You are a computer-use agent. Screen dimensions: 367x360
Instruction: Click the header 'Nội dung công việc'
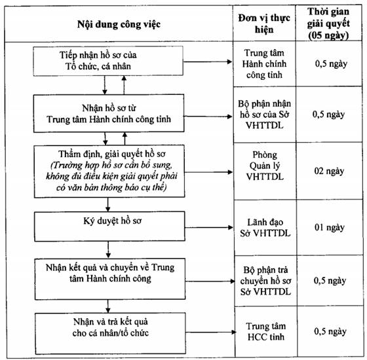coord(119,24)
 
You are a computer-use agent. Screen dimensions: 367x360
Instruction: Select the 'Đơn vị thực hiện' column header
coord(264,24)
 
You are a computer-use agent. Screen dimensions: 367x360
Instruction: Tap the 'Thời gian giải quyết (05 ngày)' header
coord(328,24)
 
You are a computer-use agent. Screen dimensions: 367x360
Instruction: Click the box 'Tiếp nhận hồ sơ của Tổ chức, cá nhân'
coord(108,61)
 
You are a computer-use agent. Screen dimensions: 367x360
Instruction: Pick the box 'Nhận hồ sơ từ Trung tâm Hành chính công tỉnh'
coord(109,113)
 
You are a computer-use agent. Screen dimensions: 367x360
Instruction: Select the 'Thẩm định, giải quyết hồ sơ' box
coord(109,171)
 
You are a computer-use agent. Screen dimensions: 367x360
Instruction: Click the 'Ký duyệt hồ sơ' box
coord(109,226)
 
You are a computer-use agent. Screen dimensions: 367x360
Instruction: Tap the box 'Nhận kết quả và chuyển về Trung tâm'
coord(110,279)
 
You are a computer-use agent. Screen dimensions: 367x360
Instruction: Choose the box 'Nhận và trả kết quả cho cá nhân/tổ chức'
coord(111,333)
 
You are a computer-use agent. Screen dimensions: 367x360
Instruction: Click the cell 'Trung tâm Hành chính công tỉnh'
coord(264,64)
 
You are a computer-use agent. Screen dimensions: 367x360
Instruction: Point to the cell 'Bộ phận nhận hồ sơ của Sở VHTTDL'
coord(265,115)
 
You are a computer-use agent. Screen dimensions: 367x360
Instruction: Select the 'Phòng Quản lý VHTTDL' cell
coord(265,166)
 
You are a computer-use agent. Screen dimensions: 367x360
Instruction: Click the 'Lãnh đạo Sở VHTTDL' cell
coord(265,228)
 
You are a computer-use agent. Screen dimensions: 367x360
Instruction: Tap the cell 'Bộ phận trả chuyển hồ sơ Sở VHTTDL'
coord(265,281)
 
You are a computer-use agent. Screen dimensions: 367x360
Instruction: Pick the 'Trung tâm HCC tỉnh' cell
coord(266,331)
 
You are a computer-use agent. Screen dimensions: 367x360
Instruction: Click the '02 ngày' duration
coord(329,171)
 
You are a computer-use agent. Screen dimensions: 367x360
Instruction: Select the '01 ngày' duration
coord(330,228)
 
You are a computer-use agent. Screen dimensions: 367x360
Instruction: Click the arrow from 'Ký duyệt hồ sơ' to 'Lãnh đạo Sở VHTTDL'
coord(209,227)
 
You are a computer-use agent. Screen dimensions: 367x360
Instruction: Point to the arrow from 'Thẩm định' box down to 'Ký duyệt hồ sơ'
coord(108,204)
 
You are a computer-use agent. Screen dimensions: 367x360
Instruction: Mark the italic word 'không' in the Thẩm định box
coord(56,176)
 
